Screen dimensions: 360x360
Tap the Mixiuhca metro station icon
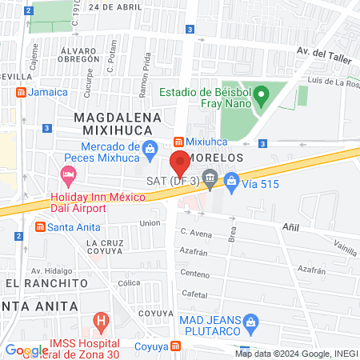tap(179, 142)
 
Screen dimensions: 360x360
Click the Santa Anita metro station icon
tap(39, 226)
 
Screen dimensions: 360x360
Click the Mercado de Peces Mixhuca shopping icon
tap(150, 147)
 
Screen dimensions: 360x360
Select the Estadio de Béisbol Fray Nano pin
tap(260, 97)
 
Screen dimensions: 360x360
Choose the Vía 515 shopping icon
tap(232, 180)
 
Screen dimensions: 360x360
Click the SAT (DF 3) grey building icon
tap(210, 180)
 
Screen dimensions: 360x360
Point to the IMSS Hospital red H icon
tap(102, 322)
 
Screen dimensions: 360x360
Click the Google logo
tap(26, 350)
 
